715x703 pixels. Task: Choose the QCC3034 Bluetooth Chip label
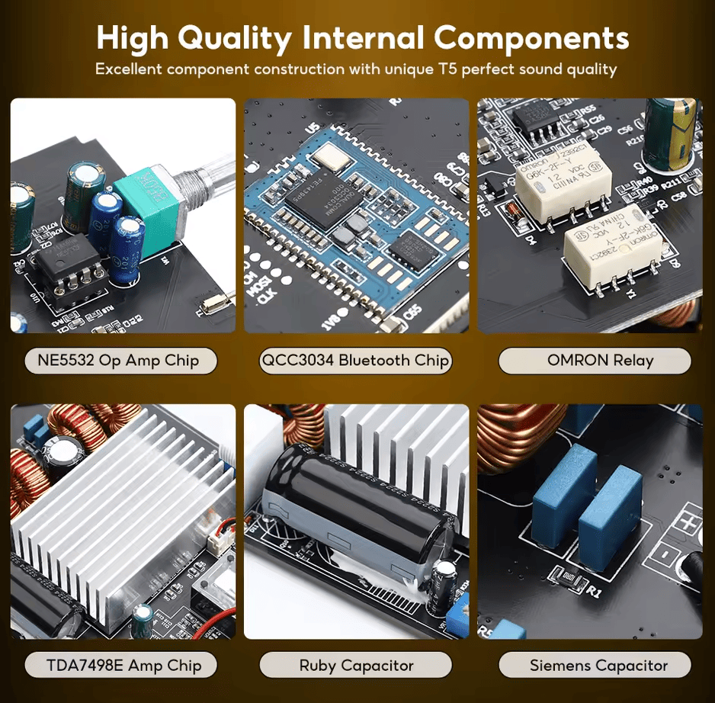355,361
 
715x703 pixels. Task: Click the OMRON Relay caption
600,361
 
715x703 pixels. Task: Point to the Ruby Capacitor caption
356,665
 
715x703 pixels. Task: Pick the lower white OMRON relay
614,246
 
